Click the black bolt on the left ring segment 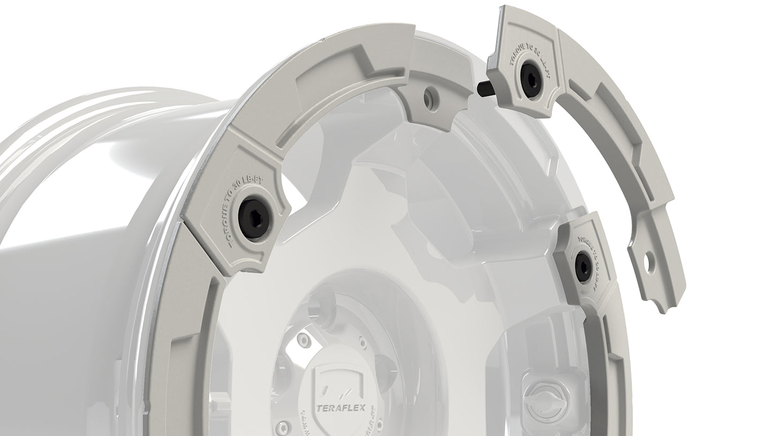[x=254, y=216]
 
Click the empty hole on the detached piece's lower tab [x=650, y=261]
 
